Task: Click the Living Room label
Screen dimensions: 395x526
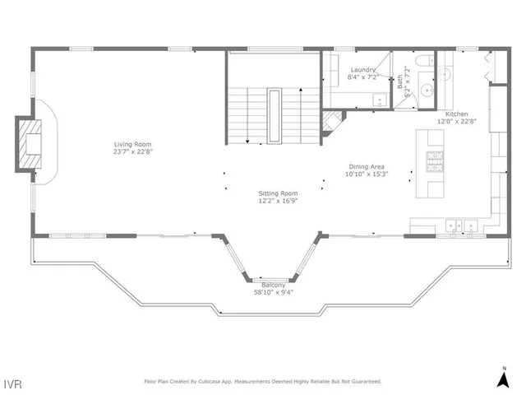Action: pos(133,145)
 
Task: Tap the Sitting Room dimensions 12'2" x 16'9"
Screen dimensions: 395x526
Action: pos(278,200)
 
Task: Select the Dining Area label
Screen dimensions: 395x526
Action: pos(367,166)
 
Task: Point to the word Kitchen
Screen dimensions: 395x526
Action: pos(457,114)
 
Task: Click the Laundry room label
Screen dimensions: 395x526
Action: pos(362,70)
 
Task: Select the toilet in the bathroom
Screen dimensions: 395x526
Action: pos(423,63)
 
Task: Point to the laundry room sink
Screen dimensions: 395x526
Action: pos(380,100)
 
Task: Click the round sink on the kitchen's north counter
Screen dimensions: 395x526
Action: pos(445,74)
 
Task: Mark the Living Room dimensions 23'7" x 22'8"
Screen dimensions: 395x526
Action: pos(133,151)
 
